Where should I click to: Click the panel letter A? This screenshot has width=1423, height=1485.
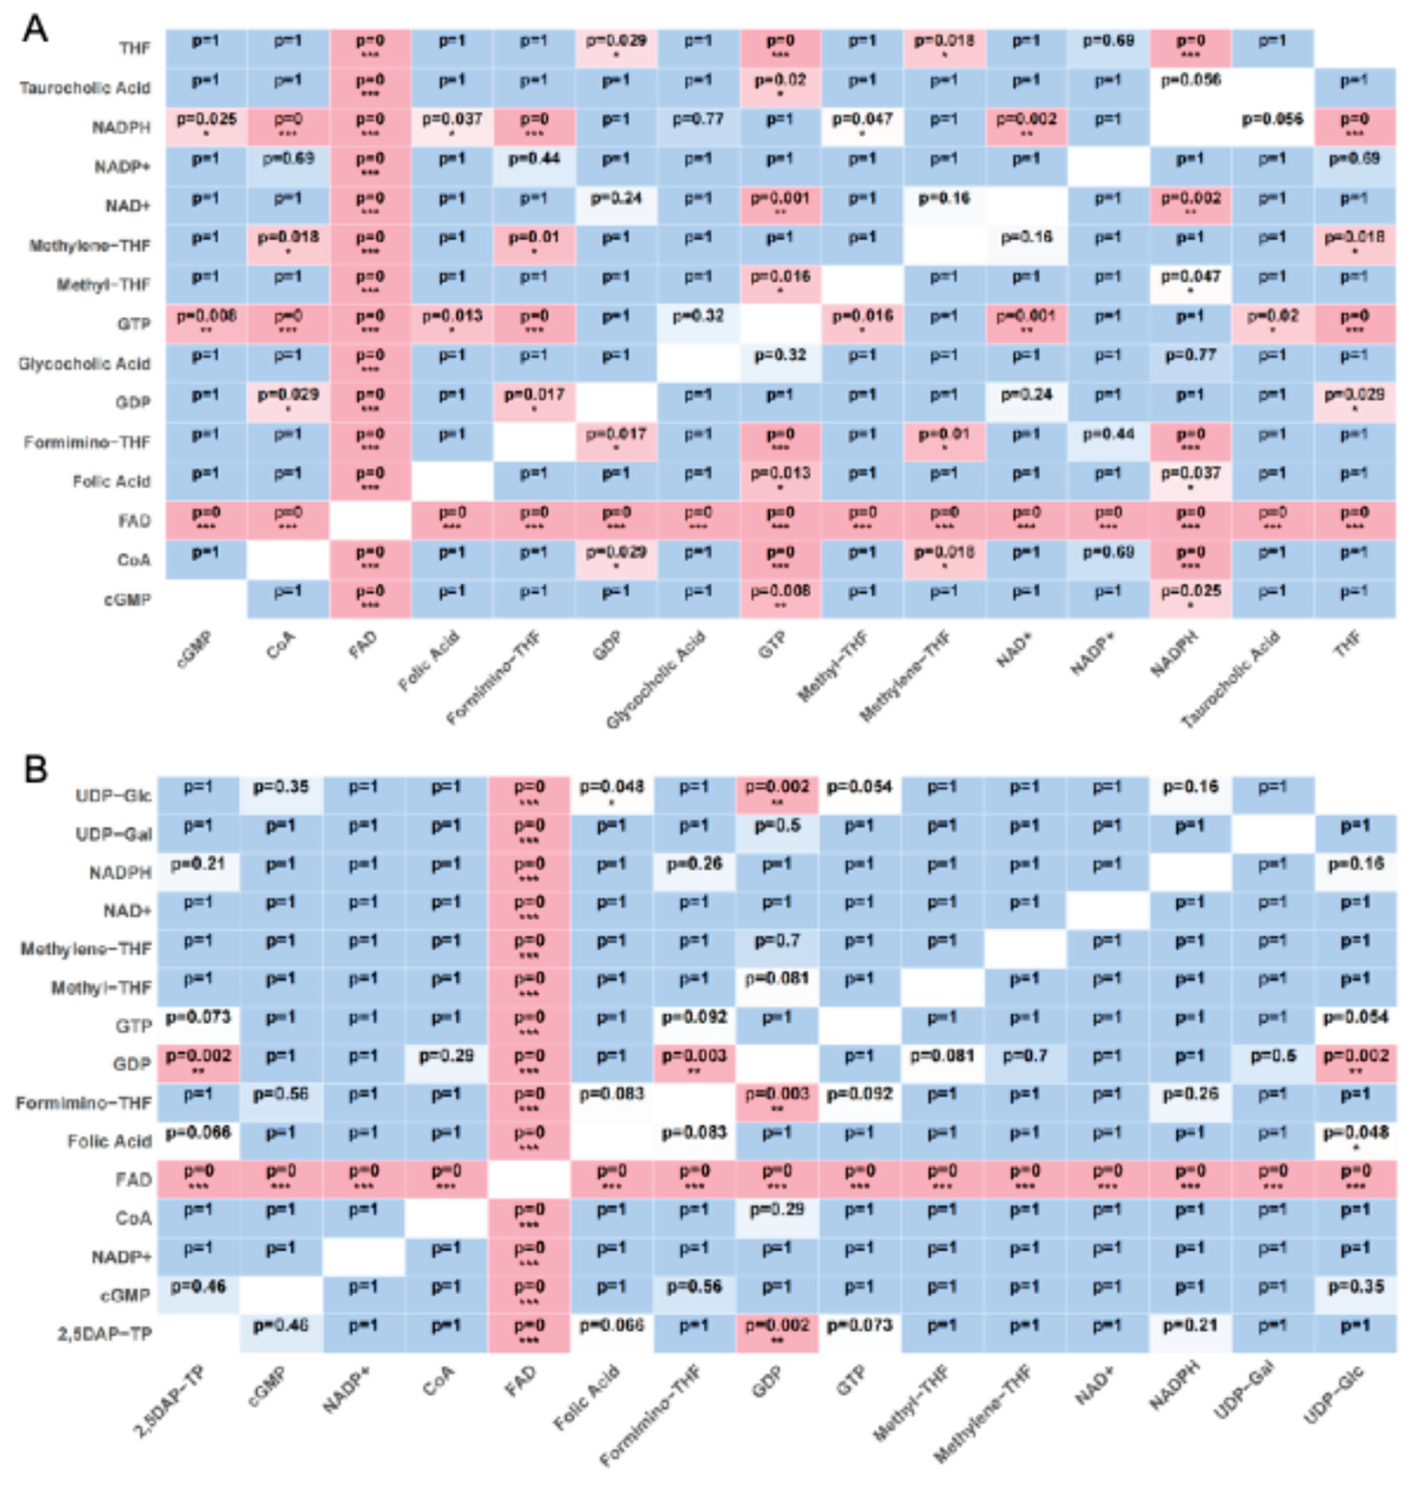pos(35,30)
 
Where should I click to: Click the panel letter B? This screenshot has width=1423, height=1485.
pos(35,768)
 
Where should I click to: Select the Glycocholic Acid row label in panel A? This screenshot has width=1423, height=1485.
pos(83,364)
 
